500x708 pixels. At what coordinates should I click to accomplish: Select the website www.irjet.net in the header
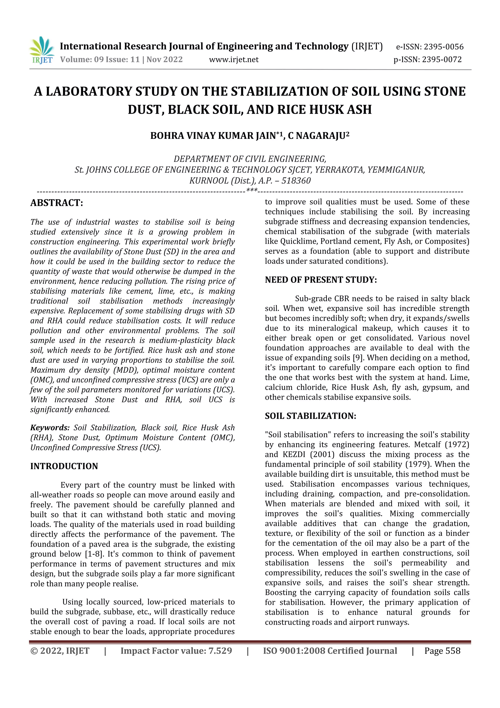(x=234, y=59)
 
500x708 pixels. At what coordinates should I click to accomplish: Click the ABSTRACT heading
(x=57, y=203)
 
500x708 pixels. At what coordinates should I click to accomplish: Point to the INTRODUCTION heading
(x=64, y=466)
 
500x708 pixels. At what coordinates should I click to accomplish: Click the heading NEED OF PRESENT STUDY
(x=321, y=280)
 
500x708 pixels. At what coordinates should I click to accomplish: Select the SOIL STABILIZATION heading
(x=310, y=416)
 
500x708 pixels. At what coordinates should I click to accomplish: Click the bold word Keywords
(x=50, y=428)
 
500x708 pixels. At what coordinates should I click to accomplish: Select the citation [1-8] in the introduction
(x=94, y=554)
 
